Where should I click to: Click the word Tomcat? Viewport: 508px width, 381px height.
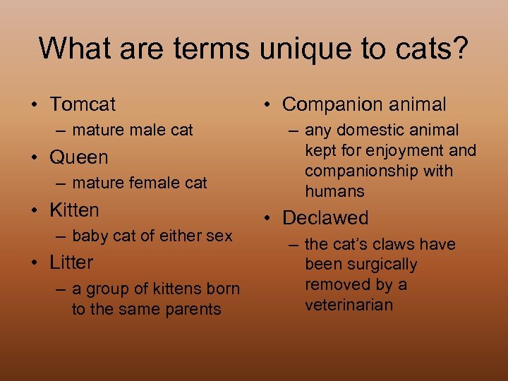[83, 104]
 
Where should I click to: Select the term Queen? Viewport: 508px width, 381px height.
[79, 157]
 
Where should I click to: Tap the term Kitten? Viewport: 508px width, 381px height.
[74, 210]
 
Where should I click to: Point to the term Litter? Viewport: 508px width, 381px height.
[71, 262]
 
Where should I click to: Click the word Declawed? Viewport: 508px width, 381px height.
[325, 218]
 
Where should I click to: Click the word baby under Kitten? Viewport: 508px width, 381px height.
[90, 236]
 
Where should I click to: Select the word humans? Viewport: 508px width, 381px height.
[334, 191]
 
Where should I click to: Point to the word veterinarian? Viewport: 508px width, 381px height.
[349, 306]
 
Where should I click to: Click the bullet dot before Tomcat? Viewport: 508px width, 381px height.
[34, 105]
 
